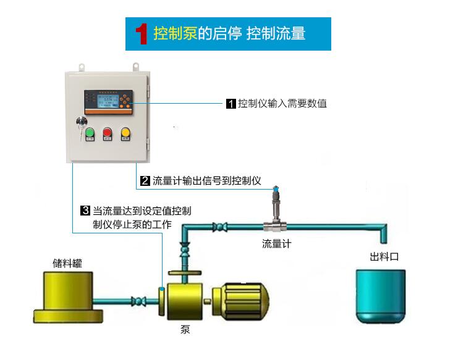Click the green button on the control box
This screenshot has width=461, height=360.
(x=90, y=132)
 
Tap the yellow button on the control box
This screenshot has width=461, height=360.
(x=125, y=132)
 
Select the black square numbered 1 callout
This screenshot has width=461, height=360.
(x=230, y=104)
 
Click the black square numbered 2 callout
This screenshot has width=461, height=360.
(x=145, y=181)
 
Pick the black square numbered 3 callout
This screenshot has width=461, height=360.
(x=86, y=211)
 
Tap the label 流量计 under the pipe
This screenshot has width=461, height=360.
(x=276, y=244)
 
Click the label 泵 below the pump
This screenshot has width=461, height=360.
(x=185, y=329)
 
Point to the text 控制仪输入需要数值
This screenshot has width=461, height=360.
(x=282, y=104)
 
